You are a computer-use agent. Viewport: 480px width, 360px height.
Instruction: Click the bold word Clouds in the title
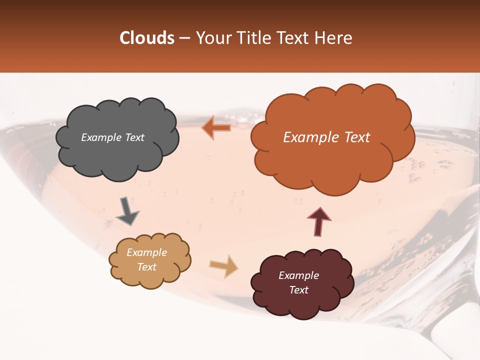click(x=146, y=38)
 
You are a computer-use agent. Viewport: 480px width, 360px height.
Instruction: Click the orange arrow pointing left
click(x=216, y=128)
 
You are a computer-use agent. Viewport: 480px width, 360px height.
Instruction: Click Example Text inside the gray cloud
click(x=112, y=137)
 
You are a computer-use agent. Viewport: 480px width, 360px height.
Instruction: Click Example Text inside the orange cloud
click(x=326, y=137)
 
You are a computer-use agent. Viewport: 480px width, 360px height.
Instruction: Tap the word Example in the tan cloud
click(x=146, y=252)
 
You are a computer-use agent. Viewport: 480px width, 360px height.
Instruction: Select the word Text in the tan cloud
click(x=147, y=267)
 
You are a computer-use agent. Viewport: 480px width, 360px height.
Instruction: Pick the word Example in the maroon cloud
click(x=298, y=275)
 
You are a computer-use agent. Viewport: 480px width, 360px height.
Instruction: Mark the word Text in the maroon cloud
click(x=299, y=290)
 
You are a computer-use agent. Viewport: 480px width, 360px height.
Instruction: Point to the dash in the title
click(x=183, y=38)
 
